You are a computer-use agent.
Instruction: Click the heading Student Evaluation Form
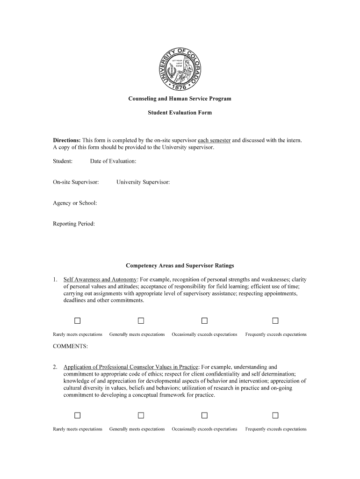click(180, 113)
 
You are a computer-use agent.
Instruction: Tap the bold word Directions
click(66, 140)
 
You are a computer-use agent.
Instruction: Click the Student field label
click(63, 161)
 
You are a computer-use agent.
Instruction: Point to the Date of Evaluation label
click(113, 161)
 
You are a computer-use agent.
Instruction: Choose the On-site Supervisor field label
click(76, 182)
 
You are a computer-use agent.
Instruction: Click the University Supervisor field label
click(143, 182)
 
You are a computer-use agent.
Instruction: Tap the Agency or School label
click(75, 203)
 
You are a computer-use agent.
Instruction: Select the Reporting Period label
click(74, 224)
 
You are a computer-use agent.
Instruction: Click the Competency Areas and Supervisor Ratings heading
click(180, 266)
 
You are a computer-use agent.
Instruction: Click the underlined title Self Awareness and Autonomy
click(100, 280)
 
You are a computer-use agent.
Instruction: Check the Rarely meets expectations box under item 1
click(78, 320)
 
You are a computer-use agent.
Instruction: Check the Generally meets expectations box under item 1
click(140, 320)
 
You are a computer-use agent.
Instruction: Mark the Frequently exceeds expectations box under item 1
click(275, 320)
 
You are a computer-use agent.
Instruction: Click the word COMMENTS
click(70, 347)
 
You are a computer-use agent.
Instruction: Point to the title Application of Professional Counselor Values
click(131, 367)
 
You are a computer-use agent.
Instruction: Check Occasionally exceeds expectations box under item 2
click(204, 415)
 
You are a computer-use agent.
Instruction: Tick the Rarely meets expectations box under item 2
click(78, 415)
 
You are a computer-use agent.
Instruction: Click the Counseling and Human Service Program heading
click(180, 99)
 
